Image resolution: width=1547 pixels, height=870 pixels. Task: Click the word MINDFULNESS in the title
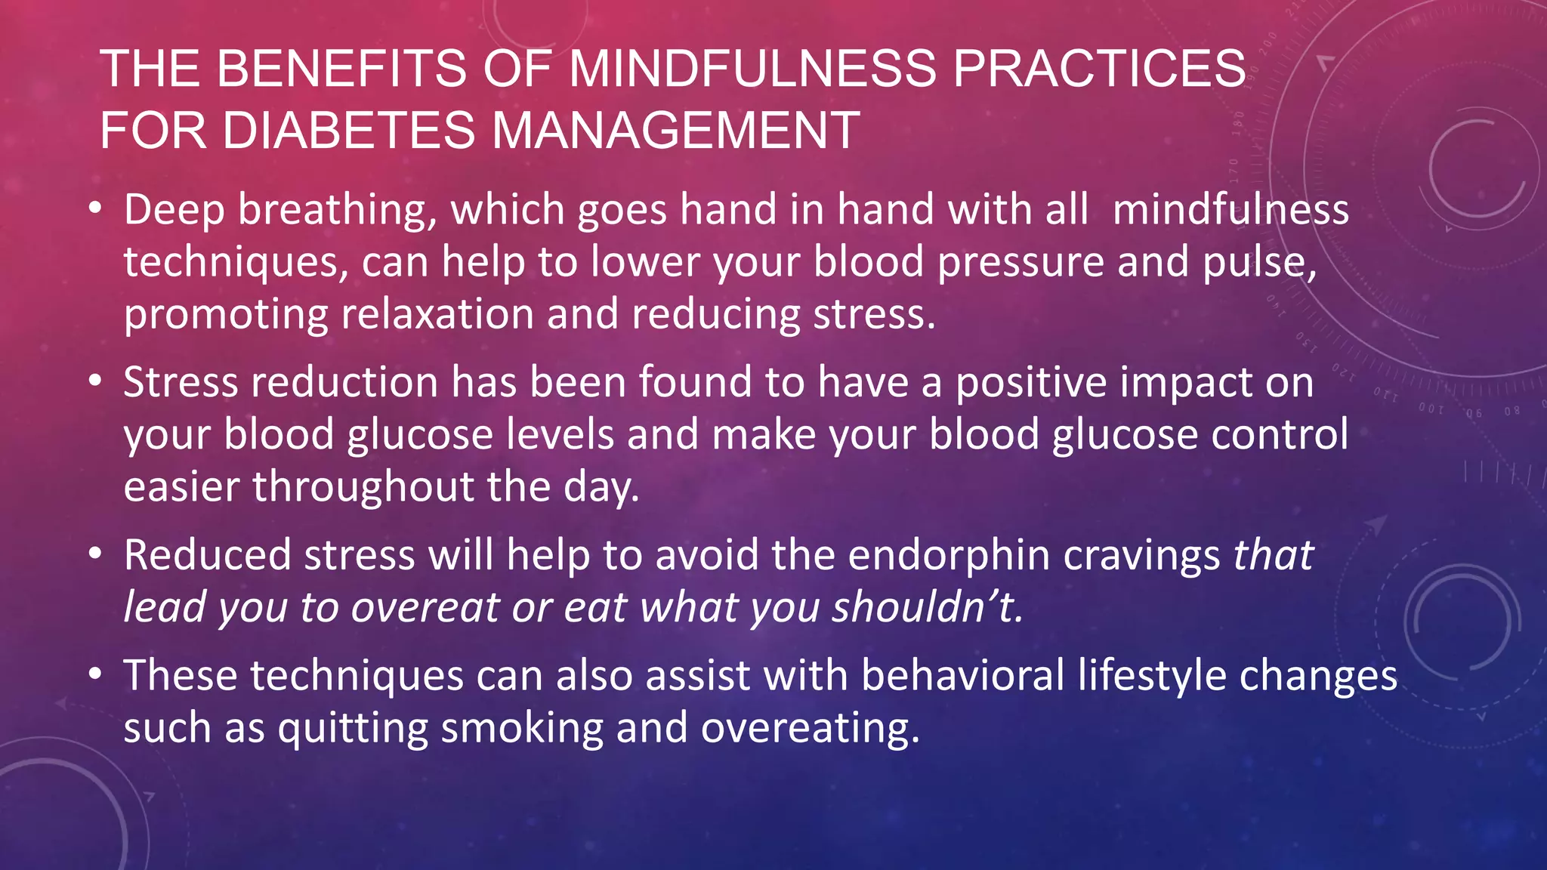click(x=753, y=69)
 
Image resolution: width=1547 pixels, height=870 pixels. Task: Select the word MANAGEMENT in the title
click(x=675, y=130)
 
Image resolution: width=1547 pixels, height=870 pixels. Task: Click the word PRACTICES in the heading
click(x=1099, y=69)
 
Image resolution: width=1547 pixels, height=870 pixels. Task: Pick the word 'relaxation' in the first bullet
click(x=437, y=314)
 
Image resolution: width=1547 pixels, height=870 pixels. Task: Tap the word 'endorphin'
click(x=949, y=555)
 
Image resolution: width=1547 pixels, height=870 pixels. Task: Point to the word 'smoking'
click(x=522, y=728)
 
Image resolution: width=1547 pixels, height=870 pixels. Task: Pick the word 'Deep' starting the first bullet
click(x=174, y=209)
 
